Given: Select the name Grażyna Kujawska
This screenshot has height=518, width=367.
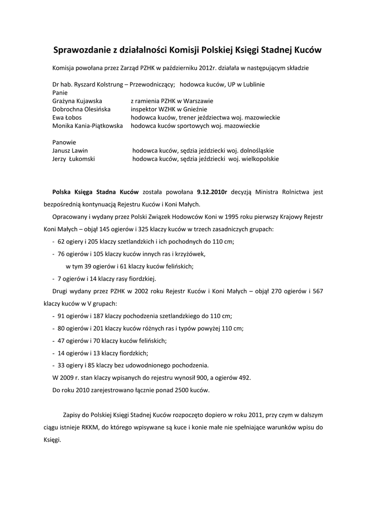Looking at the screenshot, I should pyautogui.click(x=77, y=101).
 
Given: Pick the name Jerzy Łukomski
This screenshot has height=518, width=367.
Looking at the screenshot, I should pyautogui.click(x=73, y=159).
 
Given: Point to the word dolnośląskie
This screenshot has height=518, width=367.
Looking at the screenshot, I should pyautogui.click(x=256, y=151).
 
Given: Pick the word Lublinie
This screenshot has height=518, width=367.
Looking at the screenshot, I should pyautogui.click(x=252, y=84).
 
